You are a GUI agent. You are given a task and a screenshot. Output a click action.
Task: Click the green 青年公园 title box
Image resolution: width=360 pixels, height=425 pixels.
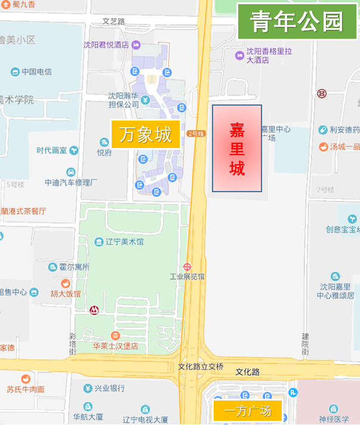[297, 21]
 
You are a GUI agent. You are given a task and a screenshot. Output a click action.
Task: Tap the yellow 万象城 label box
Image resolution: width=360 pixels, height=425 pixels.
[145, 134]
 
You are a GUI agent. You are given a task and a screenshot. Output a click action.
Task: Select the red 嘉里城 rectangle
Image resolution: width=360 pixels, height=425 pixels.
[237, 149]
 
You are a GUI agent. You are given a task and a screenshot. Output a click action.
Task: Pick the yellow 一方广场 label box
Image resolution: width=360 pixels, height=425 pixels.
[247, 411]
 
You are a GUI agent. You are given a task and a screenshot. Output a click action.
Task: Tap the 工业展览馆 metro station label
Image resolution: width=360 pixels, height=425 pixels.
[187, 276]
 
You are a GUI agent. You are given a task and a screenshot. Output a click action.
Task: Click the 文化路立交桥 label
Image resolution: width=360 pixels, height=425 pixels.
[201, 366]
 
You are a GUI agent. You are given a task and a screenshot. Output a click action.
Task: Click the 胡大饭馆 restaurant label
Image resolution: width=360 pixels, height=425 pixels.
[66, 293]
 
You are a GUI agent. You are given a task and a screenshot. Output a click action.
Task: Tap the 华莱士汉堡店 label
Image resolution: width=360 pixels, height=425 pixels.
[115, 346]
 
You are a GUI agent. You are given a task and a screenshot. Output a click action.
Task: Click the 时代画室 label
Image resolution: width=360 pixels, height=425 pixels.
[52, 150]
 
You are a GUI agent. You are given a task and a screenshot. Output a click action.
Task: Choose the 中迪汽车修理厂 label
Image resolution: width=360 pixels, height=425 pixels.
[70, 182]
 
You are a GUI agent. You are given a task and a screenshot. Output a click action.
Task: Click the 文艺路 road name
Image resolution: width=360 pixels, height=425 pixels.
[113, 21]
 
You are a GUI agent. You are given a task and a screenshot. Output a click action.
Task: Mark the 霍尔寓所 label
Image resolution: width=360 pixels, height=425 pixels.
[73, 267]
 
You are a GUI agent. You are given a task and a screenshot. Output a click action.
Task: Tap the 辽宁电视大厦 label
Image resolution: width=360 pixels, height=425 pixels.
[145, 420]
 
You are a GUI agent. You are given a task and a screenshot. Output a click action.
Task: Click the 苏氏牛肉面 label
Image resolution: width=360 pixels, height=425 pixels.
[25, 389]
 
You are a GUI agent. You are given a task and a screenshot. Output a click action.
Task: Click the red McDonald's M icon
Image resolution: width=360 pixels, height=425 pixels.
[94, 310]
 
